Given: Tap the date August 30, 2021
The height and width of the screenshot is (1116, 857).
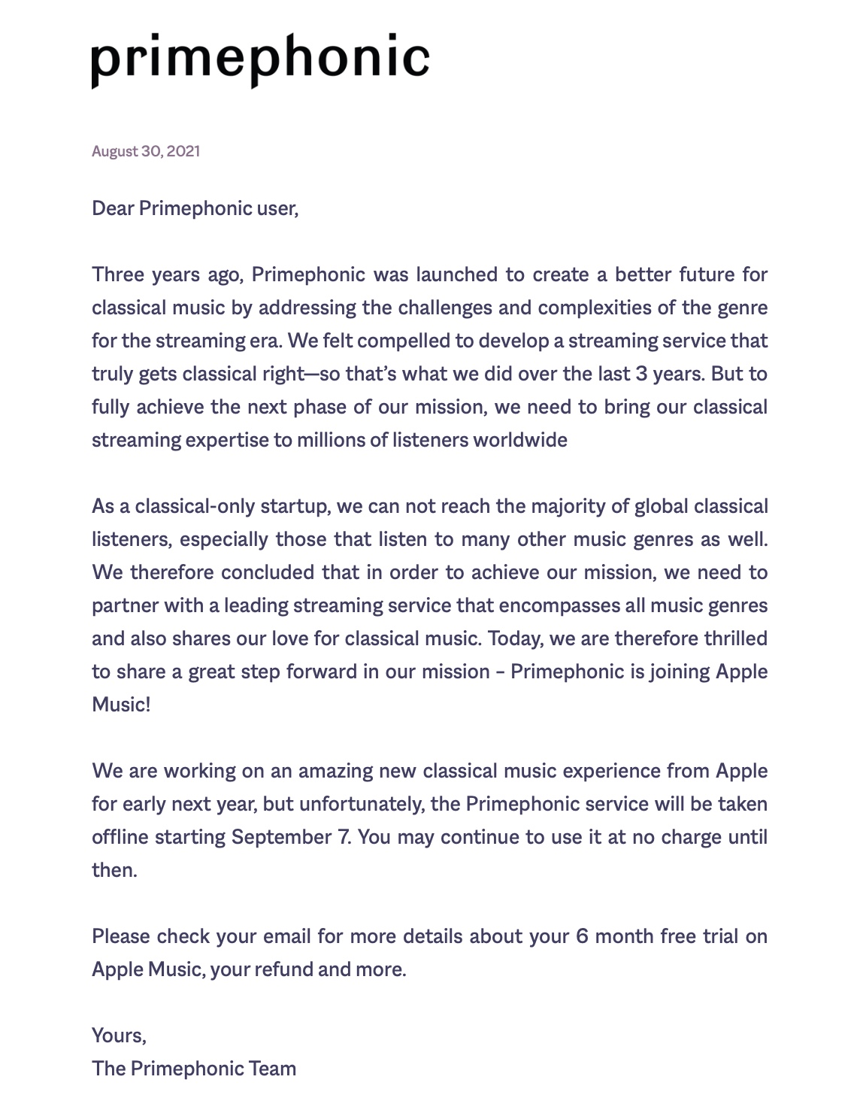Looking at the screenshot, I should pos(146,151).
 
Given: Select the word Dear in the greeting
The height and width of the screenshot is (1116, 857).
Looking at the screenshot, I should pos(113,208).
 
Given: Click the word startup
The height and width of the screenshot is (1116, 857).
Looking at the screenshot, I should pos(295,506).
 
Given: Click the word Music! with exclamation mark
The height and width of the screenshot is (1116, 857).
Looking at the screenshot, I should pos(121,705).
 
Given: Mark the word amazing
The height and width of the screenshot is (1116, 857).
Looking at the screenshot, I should pos(335,771).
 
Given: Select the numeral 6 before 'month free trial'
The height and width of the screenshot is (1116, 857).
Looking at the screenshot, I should pos(582,936).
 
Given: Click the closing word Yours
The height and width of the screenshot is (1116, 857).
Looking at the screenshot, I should pos(118,1036).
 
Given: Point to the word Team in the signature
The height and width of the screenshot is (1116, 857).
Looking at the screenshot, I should pos(273,1069).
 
